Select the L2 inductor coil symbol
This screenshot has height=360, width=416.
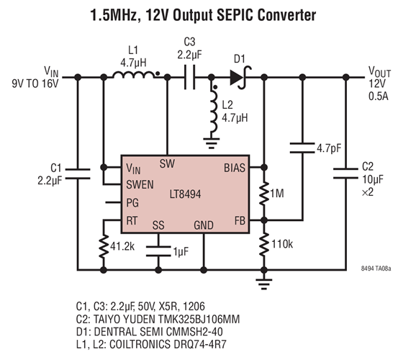pos(213,109)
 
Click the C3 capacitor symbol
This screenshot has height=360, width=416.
pos(190,75)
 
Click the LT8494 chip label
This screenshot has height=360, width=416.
pos(190,194)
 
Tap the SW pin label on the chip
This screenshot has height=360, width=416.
pos(167,163)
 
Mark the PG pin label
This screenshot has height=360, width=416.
pos(132,203)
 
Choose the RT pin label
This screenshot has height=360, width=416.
pos(132,220)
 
